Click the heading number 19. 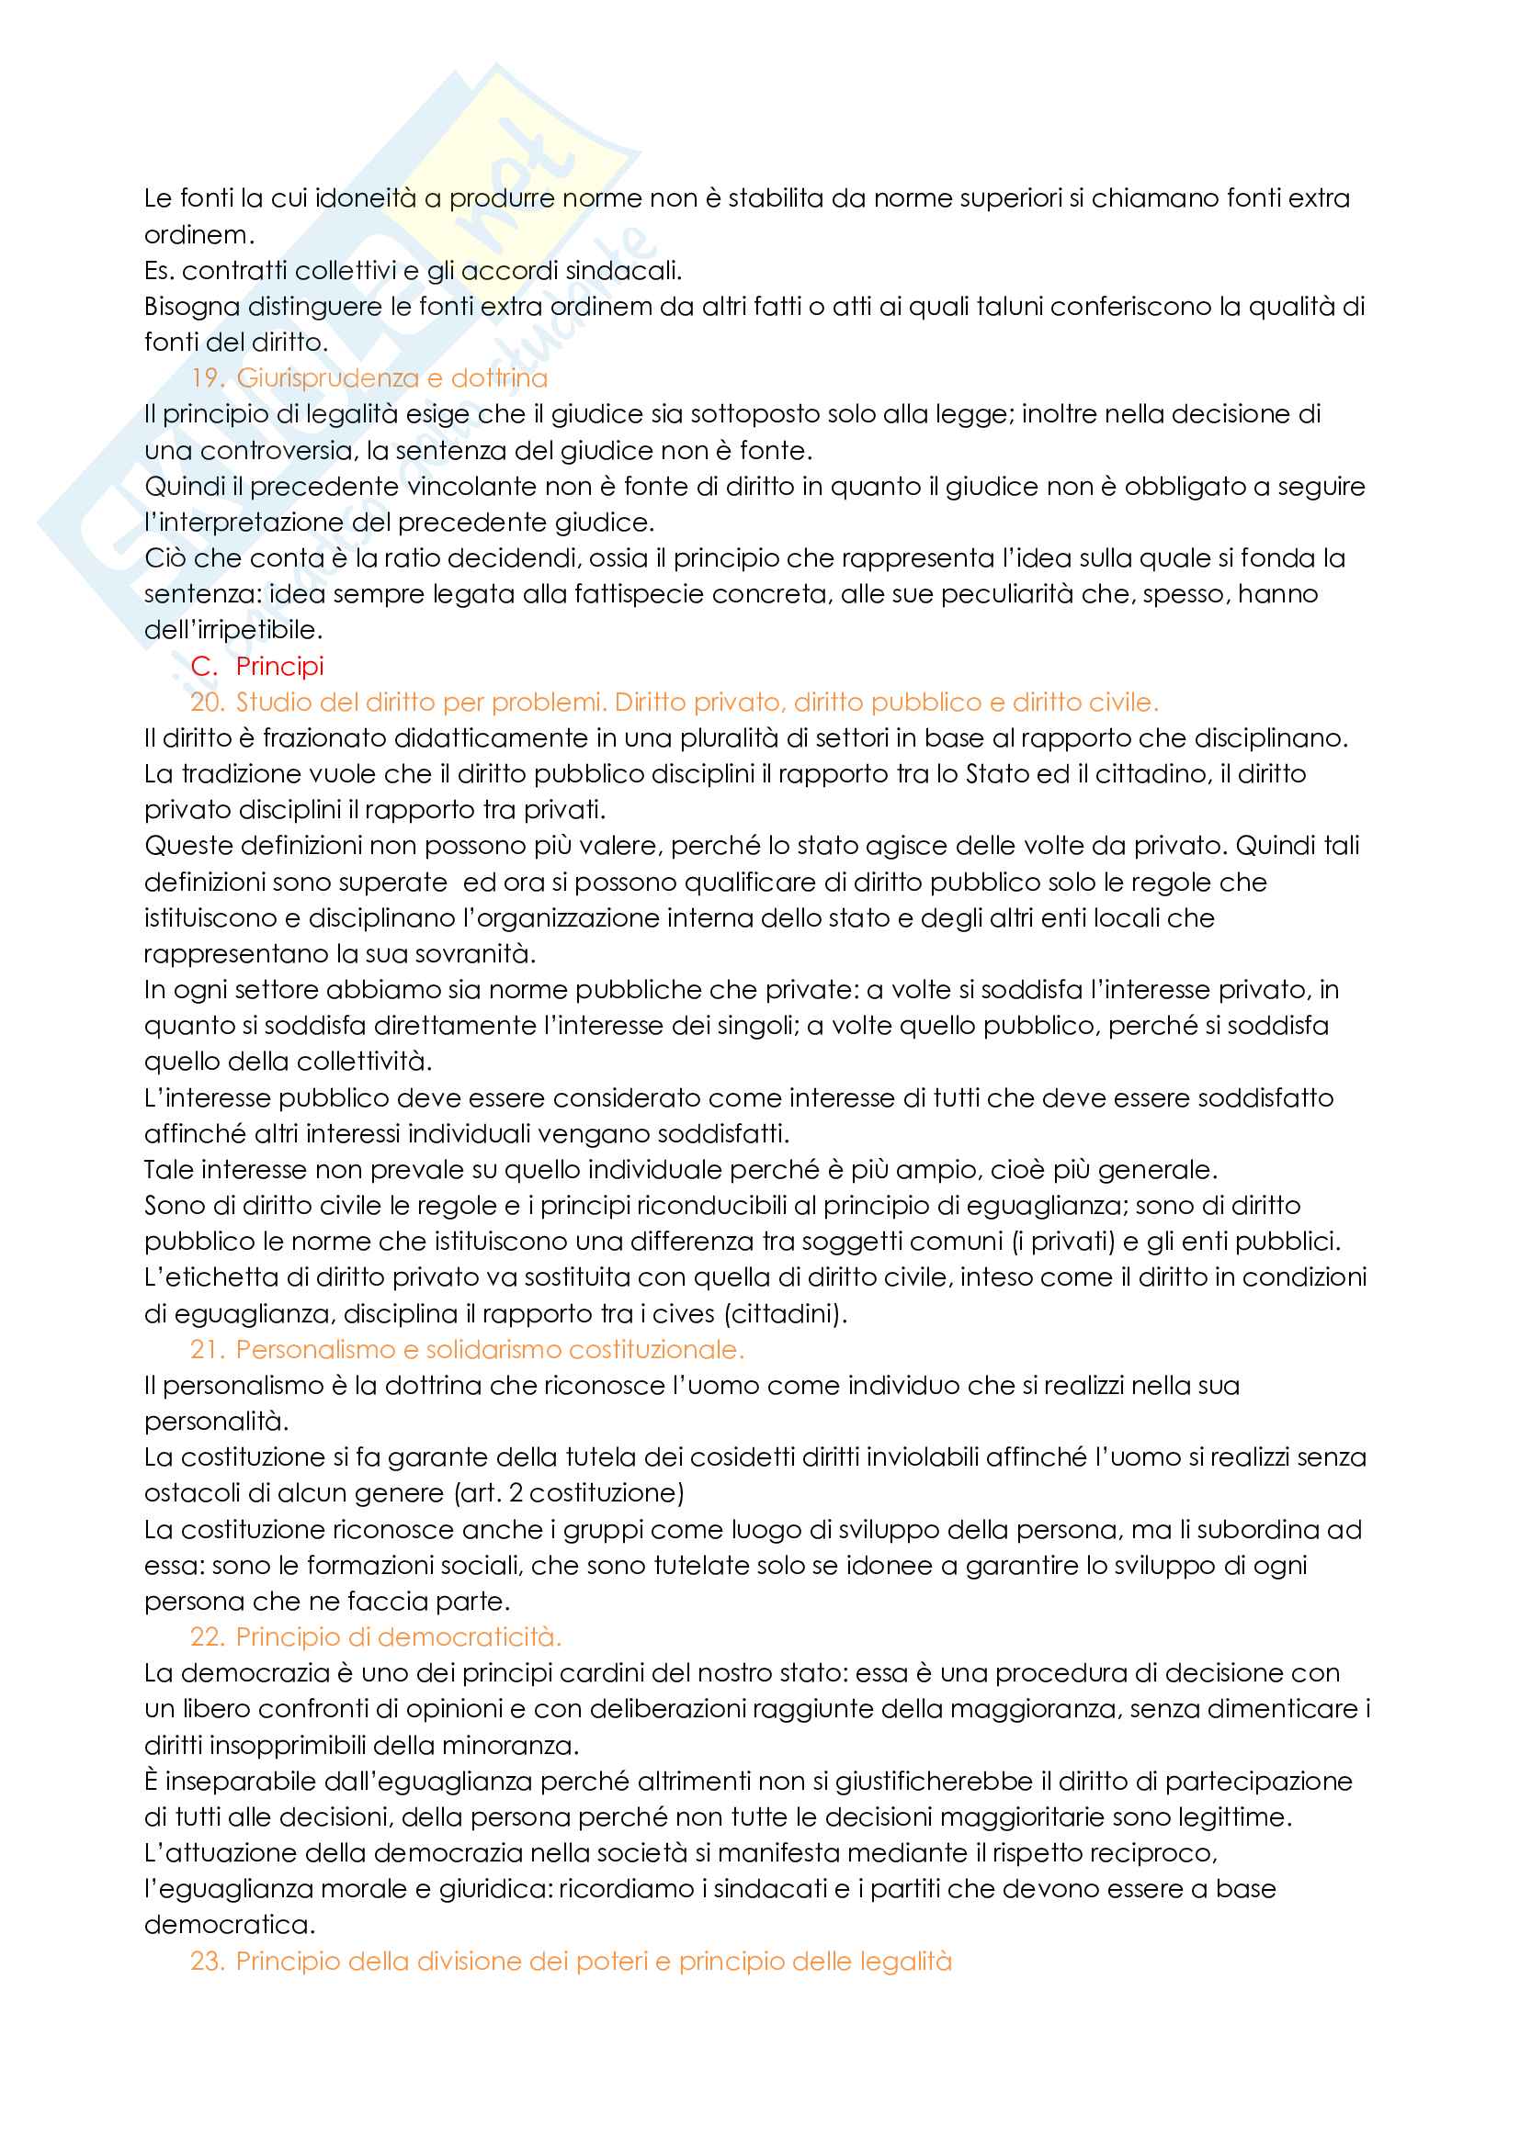coord(207,378)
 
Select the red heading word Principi coord(280,666)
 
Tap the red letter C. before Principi coord(203,666)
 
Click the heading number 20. coord(207,702)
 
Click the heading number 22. coord(207,1636)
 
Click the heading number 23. coord(207,1961)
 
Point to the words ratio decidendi coord(501,557)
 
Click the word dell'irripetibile coord(233,630)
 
